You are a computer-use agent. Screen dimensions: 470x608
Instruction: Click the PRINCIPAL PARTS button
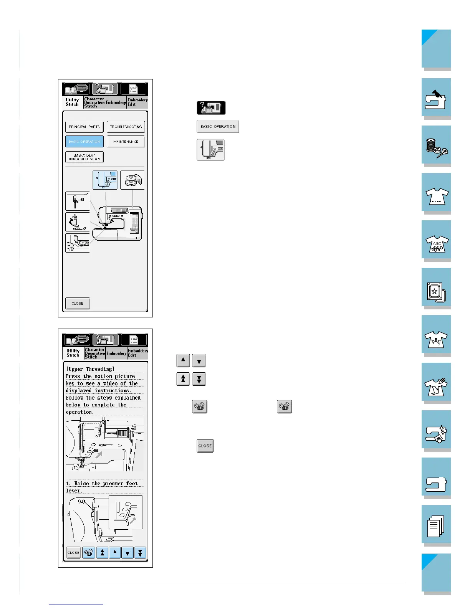[x=84, y=127]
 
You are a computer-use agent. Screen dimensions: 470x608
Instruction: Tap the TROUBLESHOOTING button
[x=126, y=127]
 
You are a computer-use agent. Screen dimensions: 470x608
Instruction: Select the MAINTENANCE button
[x=126, y=142]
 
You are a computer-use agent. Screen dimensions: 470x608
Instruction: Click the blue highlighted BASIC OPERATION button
[x=84, y=142]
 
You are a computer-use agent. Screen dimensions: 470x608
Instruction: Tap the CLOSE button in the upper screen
[x=78, y=303]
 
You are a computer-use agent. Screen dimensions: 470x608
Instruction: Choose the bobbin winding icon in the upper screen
[x=132, y=180]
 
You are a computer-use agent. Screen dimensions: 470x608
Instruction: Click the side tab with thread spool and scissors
[x=436, y=146]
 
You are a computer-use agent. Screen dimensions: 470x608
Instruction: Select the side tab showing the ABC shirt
[x=436, y=241]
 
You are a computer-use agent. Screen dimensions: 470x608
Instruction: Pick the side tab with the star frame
[x=436, y=289]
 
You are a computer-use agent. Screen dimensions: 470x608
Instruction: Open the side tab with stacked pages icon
[x=436, y=525]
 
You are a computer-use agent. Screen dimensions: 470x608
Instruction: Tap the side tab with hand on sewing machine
[x=436, y=99]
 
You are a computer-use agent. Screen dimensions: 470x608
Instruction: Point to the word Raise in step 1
[x=81, y=484]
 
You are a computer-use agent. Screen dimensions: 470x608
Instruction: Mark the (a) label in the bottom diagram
[x=81, y=501]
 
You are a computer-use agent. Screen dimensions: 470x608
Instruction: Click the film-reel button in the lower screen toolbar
[x=89, y=553]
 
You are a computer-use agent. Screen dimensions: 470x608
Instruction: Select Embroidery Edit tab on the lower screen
[x=137, y=353]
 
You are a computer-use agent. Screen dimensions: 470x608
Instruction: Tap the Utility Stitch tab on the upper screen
[x=72, y=102]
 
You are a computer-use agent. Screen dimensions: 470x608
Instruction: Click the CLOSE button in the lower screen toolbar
[x=73, y=553]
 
